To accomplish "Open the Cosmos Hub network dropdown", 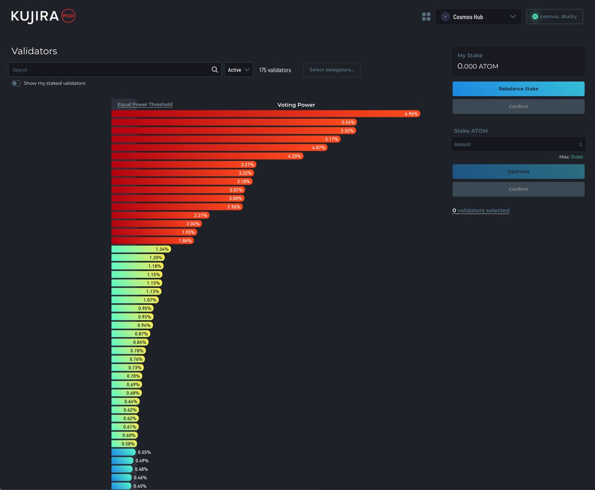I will tap(478, 17).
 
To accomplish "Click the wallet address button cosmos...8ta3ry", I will tap(554, 17).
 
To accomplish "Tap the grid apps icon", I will tap(426, 17).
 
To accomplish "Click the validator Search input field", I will tap(109, 70).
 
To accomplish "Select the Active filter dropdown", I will tap(238, 70).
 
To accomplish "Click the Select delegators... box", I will tap(332, 70).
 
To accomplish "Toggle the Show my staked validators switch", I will tap(16, 83).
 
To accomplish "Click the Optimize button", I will tap(518, 172).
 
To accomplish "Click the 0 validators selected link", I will tap(480, 211).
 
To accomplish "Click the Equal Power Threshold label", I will tap(145, 105).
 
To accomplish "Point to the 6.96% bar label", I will tap(412, 114).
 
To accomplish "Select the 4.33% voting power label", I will tap(295, 156).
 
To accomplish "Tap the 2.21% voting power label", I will tap(201, 215).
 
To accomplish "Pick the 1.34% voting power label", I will tap(162, 249).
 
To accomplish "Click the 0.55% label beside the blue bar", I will tap(144, 452).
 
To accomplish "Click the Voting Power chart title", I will tap(296, 105).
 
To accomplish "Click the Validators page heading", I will tap(34, 51).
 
